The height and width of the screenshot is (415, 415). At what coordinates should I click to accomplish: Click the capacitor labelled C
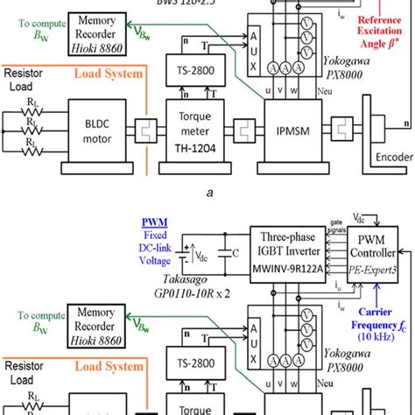click(x=231, y=259)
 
